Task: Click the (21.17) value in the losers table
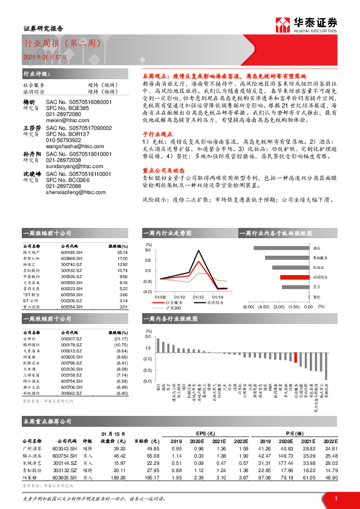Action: click(121, 340)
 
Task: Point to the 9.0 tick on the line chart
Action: click(148, 249)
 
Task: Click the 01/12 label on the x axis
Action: click(198, 297)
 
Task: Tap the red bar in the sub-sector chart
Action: click(290, 277)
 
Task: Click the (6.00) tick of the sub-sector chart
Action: click(248, 306)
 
